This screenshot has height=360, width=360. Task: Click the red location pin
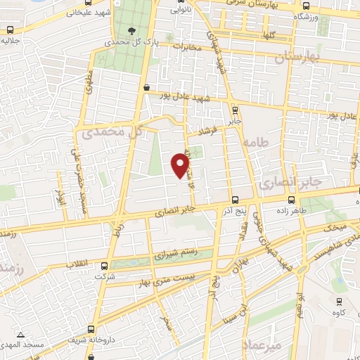pyautogui.click(x=181, y=165)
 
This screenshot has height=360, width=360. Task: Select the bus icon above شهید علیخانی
pyautogui.click(x=9, y=30)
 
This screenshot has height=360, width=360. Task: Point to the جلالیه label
pyautogui.click(x=10, y=42)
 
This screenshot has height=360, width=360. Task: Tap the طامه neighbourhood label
pyautogui.click(x=256, y=143)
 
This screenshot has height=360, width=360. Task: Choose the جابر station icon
pyautogui.click(x=235, y=110)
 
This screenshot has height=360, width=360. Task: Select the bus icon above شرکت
pyautogui.click(x=104, y=266)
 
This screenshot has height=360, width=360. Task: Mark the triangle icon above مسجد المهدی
pyautogui.click(x=21, y=335)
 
